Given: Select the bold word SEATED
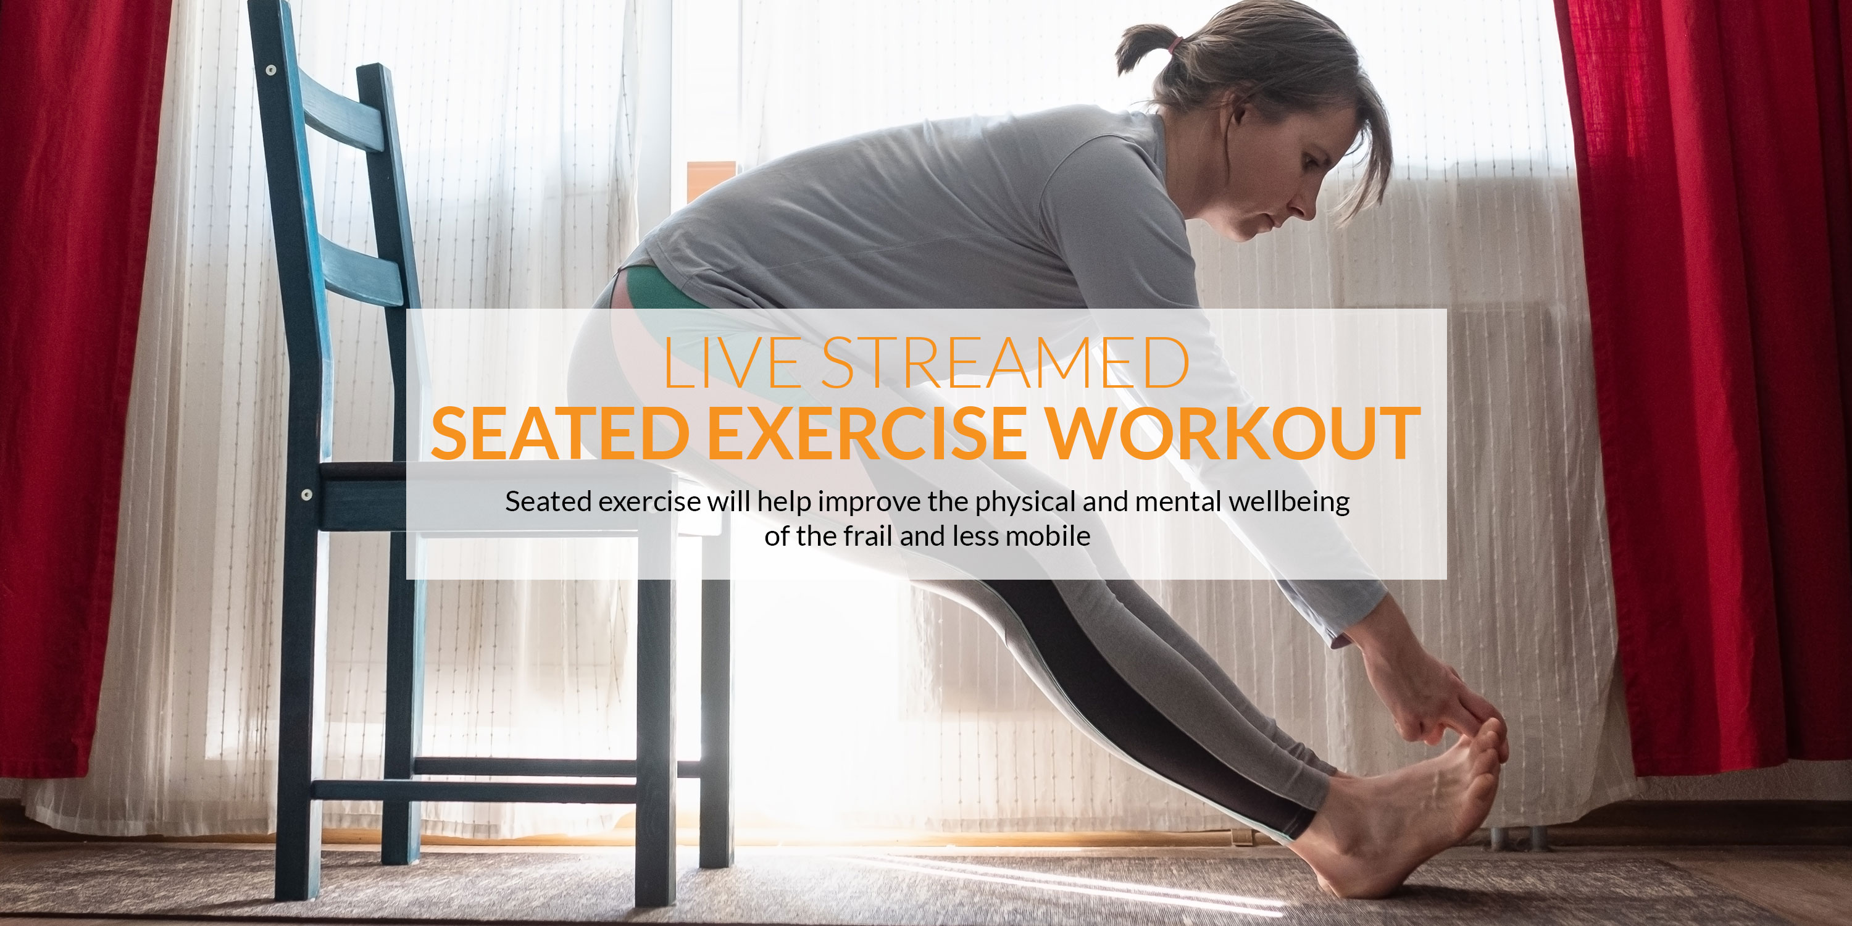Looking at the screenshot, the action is coord(561,433).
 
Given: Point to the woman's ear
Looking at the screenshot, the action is coord(1238,108).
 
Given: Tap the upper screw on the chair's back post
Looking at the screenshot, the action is coord(271,70).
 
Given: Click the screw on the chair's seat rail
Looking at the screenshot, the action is coord(307,494).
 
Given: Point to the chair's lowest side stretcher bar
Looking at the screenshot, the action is coord(475,791).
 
